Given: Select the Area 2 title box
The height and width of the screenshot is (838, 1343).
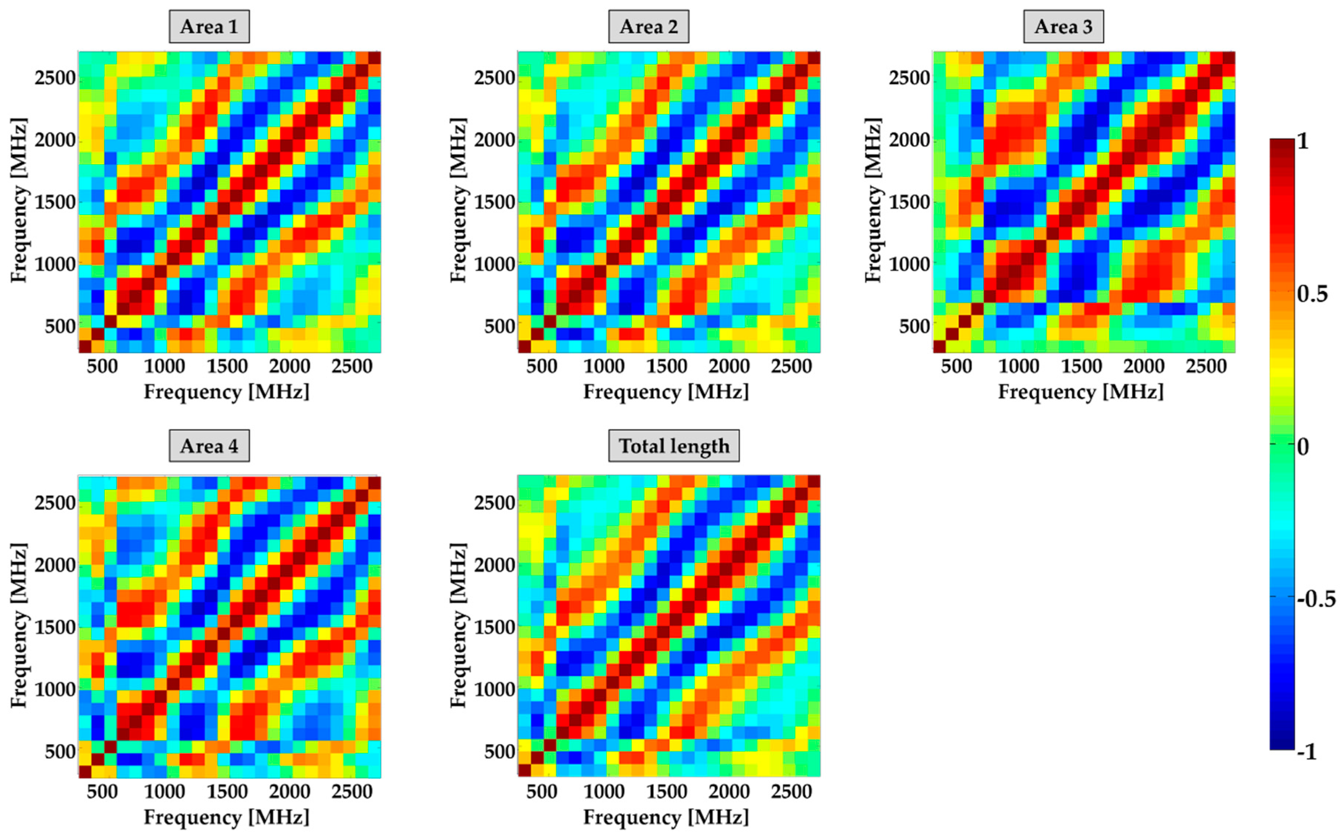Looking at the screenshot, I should coord(649,27).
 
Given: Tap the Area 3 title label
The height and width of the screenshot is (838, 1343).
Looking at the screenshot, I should coord(1063,27).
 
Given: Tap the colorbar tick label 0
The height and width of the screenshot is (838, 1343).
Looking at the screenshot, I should coord(1303,446).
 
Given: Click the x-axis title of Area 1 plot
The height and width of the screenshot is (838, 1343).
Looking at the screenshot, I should coord(227,392).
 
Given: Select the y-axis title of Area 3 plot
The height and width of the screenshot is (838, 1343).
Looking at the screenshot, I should coord(873,201).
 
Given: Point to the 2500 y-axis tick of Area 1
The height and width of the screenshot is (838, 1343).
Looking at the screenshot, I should coord(55,78).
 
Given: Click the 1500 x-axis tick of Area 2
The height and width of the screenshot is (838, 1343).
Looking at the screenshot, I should coord(666,367).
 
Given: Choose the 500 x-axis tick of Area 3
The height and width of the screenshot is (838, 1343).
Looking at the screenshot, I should coord(956,367).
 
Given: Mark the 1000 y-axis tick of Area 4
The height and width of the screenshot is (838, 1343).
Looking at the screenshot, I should coord(55,690).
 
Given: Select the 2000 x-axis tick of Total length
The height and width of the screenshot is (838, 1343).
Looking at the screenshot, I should coord(729,792).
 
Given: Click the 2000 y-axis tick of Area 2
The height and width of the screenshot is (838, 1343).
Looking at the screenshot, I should coord(494,140).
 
